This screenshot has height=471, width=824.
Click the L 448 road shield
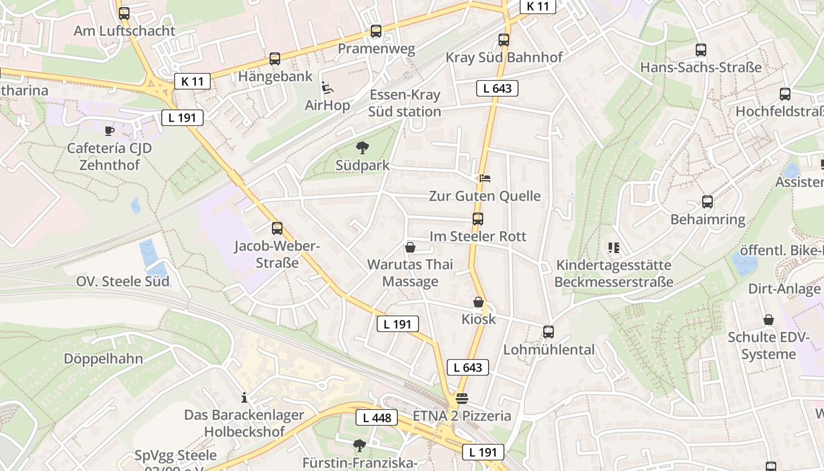[377, 418]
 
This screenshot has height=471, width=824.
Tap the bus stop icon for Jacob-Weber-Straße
[277, 228]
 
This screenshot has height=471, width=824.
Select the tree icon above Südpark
[363, 148]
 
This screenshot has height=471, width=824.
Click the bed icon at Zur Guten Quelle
[484, 178]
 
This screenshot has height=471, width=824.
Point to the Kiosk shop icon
[479, 302]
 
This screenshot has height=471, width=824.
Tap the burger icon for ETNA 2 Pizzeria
[462, 399]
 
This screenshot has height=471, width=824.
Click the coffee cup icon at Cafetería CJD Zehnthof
[109, 130]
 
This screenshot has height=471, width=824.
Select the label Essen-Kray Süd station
[405, 104]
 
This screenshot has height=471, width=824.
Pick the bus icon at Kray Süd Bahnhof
[504, 40]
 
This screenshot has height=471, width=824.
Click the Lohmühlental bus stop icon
[549, 332]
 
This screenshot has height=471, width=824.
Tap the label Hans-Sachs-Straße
[700, 67]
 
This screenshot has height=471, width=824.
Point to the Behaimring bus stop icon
[707, 202]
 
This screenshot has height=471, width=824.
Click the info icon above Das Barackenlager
[244, 397]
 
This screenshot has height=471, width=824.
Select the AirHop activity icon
[327, 88]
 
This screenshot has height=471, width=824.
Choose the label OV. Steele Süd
[122, 281]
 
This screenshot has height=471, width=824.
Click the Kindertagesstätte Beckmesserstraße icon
[614, 248]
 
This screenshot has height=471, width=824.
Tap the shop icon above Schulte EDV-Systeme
[769, 320]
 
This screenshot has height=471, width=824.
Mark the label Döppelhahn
[103, 359]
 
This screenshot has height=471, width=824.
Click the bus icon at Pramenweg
[376, 31]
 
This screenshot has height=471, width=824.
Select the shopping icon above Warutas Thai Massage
[410, 247]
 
